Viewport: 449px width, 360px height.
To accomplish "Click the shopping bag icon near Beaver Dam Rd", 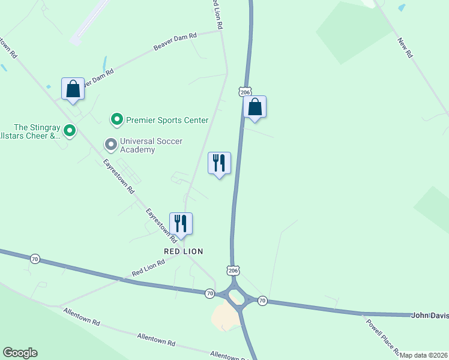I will [73, 89].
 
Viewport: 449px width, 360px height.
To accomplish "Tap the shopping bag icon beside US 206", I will [255, 107].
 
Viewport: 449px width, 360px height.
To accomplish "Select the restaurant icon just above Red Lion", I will [181, 224].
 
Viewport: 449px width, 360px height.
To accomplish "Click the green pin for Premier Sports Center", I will [117, 120].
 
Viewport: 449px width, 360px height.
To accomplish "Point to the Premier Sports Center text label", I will [167, 120].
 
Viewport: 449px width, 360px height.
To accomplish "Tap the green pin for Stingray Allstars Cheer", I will [70, 130].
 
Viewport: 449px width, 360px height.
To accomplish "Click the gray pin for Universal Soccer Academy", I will [110, 144].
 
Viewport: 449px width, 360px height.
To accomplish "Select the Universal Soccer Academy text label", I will [151, 145].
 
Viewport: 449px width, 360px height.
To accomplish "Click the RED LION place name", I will [184, 251].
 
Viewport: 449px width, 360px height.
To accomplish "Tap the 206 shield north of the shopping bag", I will [244, 91].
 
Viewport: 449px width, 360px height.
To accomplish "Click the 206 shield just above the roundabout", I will [234, 271].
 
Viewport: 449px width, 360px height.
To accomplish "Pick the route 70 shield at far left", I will [35, 259].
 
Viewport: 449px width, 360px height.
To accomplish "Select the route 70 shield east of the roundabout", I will [262, 299].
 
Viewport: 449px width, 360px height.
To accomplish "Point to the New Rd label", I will [405, 49].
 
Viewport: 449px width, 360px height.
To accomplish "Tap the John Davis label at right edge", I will [429, 315].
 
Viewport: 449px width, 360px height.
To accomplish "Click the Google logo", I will [20, 353].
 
